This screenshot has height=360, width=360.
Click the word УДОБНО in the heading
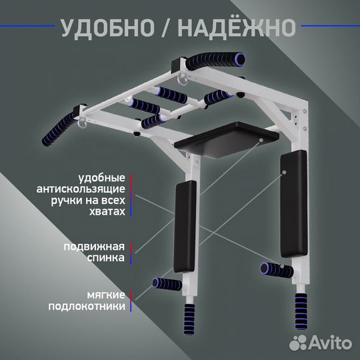point(111,27)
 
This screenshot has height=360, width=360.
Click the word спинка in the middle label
point(107,257)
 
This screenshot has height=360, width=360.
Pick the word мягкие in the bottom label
point(105,293)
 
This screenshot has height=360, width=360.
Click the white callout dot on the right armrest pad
point(285,172)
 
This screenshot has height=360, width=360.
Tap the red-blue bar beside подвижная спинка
point(133,251)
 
